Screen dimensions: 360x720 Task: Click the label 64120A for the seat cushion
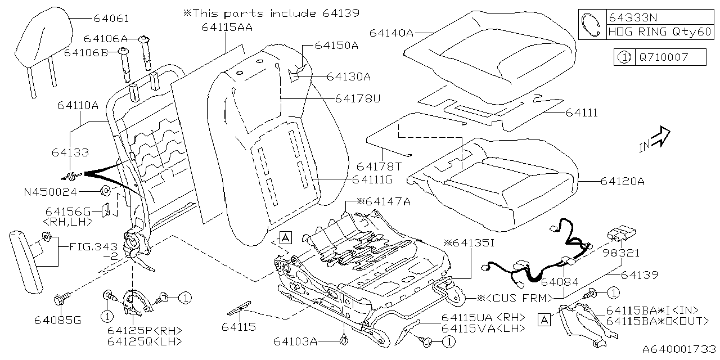pyautogui.click(x=622, y=181)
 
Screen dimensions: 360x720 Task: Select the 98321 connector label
pyautogui.click(x=622, y=253)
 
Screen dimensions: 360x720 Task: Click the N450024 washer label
pyautogui.click(x=49, y=192)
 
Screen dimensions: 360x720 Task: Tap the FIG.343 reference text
pyautogui.click(x=93, y=246)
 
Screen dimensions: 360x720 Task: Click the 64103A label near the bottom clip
pyautogui.click(x=296, y=341)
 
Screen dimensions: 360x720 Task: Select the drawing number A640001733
pyautogui.click(x=678, y=349)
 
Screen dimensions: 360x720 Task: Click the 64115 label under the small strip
pyautogui.click(x=239, y=327)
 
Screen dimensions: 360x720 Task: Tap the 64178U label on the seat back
pyautogui.click(x=358, y=98)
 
